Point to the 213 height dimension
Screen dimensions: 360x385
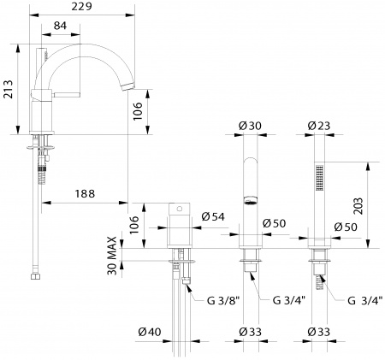coord(8,88)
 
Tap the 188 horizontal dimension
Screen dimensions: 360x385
coord(84,192)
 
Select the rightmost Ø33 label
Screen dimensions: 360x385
coord(321,333)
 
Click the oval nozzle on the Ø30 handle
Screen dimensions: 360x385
coord(250,202)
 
